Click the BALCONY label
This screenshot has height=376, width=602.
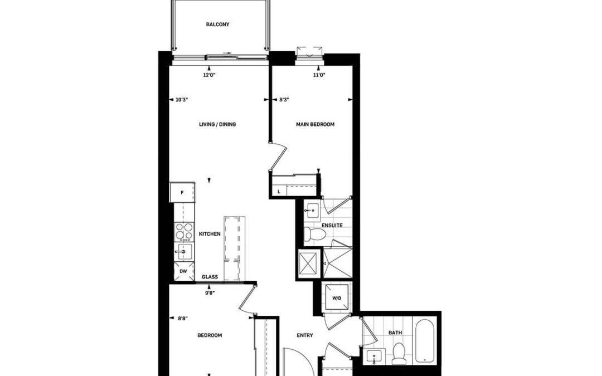(217, 25)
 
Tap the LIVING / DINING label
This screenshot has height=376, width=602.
(217, 124)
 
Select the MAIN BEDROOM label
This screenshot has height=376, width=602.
(315, 124)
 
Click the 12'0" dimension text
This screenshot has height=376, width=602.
(209, 75)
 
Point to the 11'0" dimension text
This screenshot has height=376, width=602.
(319, 75)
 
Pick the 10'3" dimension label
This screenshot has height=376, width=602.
(182, 100)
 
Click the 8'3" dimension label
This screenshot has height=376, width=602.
(284, 100)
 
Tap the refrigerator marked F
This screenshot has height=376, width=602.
(182, 192)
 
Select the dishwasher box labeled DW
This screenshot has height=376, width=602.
(183, 271)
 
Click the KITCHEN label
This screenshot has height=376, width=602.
(210, 234)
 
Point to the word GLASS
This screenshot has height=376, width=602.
(210, 277)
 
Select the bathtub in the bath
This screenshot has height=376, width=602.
(424, 340)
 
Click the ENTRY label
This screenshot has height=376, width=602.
(305, 335)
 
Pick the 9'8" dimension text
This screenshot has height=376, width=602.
(210, 292)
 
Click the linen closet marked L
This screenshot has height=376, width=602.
(279, 191)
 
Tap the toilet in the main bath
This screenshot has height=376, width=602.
(399, 353)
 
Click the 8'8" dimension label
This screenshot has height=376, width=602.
(182, 319)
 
